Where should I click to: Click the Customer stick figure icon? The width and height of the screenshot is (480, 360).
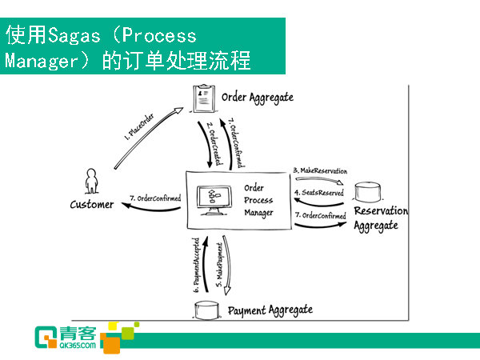[91, 181]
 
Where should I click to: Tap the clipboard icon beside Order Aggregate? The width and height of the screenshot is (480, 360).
[204, 98]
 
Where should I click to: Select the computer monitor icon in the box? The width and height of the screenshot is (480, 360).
[214, 200]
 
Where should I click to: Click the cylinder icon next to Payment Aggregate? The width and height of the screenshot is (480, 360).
[207, 310]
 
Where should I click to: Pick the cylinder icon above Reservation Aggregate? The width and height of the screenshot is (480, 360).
[368, 192]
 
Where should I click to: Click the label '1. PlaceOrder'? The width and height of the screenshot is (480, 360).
[139, 127]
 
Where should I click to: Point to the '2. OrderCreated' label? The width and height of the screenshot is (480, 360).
[214, 143]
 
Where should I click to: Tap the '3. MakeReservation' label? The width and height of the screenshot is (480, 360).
[320, 170]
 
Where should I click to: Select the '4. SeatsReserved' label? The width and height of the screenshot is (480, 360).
[319, 193]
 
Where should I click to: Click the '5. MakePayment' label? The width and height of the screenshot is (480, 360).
[220, 265]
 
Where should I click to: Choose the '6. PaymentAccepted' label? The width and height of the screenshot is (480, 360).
[196, 265]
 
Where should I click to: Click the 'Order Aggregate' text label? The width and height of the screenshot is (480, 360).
[258, 98]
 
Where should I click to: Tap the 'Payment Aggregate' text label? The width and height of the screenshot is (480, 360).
[270, 310]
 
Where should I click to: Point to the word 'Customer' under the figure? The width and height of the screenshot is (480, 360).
[92, 204]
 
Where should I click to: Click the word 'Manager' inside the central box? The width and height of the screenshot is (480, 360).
[258, 213]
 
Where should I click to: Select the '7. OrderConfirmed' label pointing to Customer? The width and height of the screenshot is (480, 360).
[155, 198]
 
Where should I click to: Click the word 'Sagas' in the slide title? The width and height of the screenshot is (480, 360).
[74, 36]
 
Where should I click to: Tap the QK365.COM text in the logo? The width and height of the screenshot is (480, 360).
[78, 346]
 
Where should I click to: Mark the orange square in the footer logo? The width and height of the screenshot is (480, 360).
[111, 345]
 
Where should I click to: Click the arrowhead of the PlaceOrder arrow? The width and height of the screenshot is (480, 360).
[178, 110]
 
